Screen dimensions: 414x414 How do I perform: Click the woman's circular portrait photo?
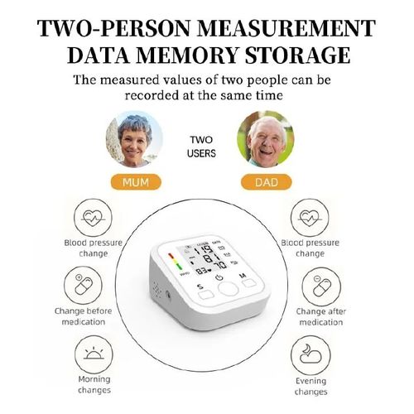[134, 140]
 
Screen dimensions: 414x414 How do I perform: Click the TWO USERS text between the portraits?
[202, 146]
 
